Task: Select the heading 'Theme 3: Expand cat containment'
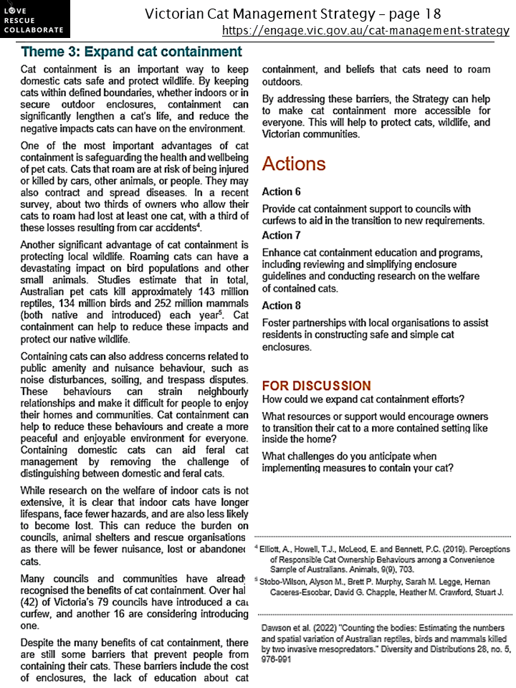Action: point(132,52)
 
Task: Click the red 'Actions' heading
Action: point(294,163)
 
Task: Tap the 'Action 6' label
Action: point(277,192)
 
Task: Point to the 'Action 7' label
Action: point(277,235)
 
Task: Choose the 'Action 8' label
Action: point(277,305)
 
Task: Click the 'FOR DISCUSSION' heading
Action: point(317,386)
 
